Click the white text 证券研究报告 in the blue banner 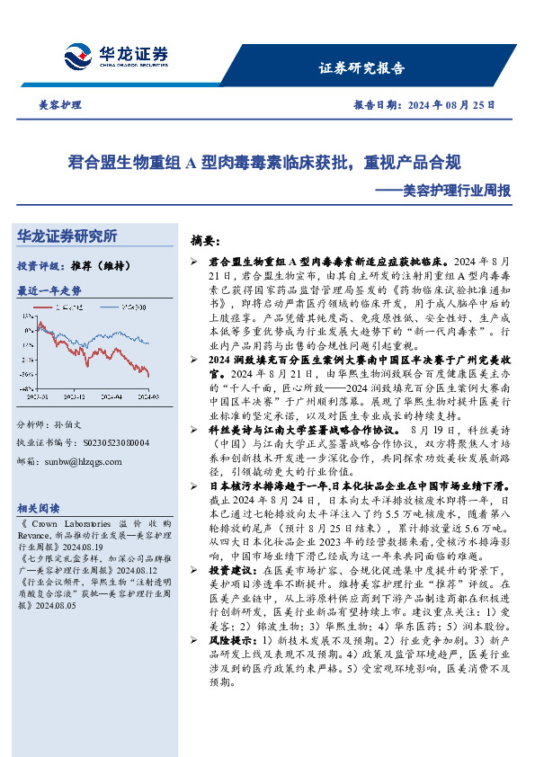361,68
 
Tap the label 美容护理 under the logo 58,105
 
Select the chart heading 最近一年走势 49,291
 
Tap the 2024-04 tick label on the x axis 108,396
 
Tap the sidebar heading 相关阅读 40,508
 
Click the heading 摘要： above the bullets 205,241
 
